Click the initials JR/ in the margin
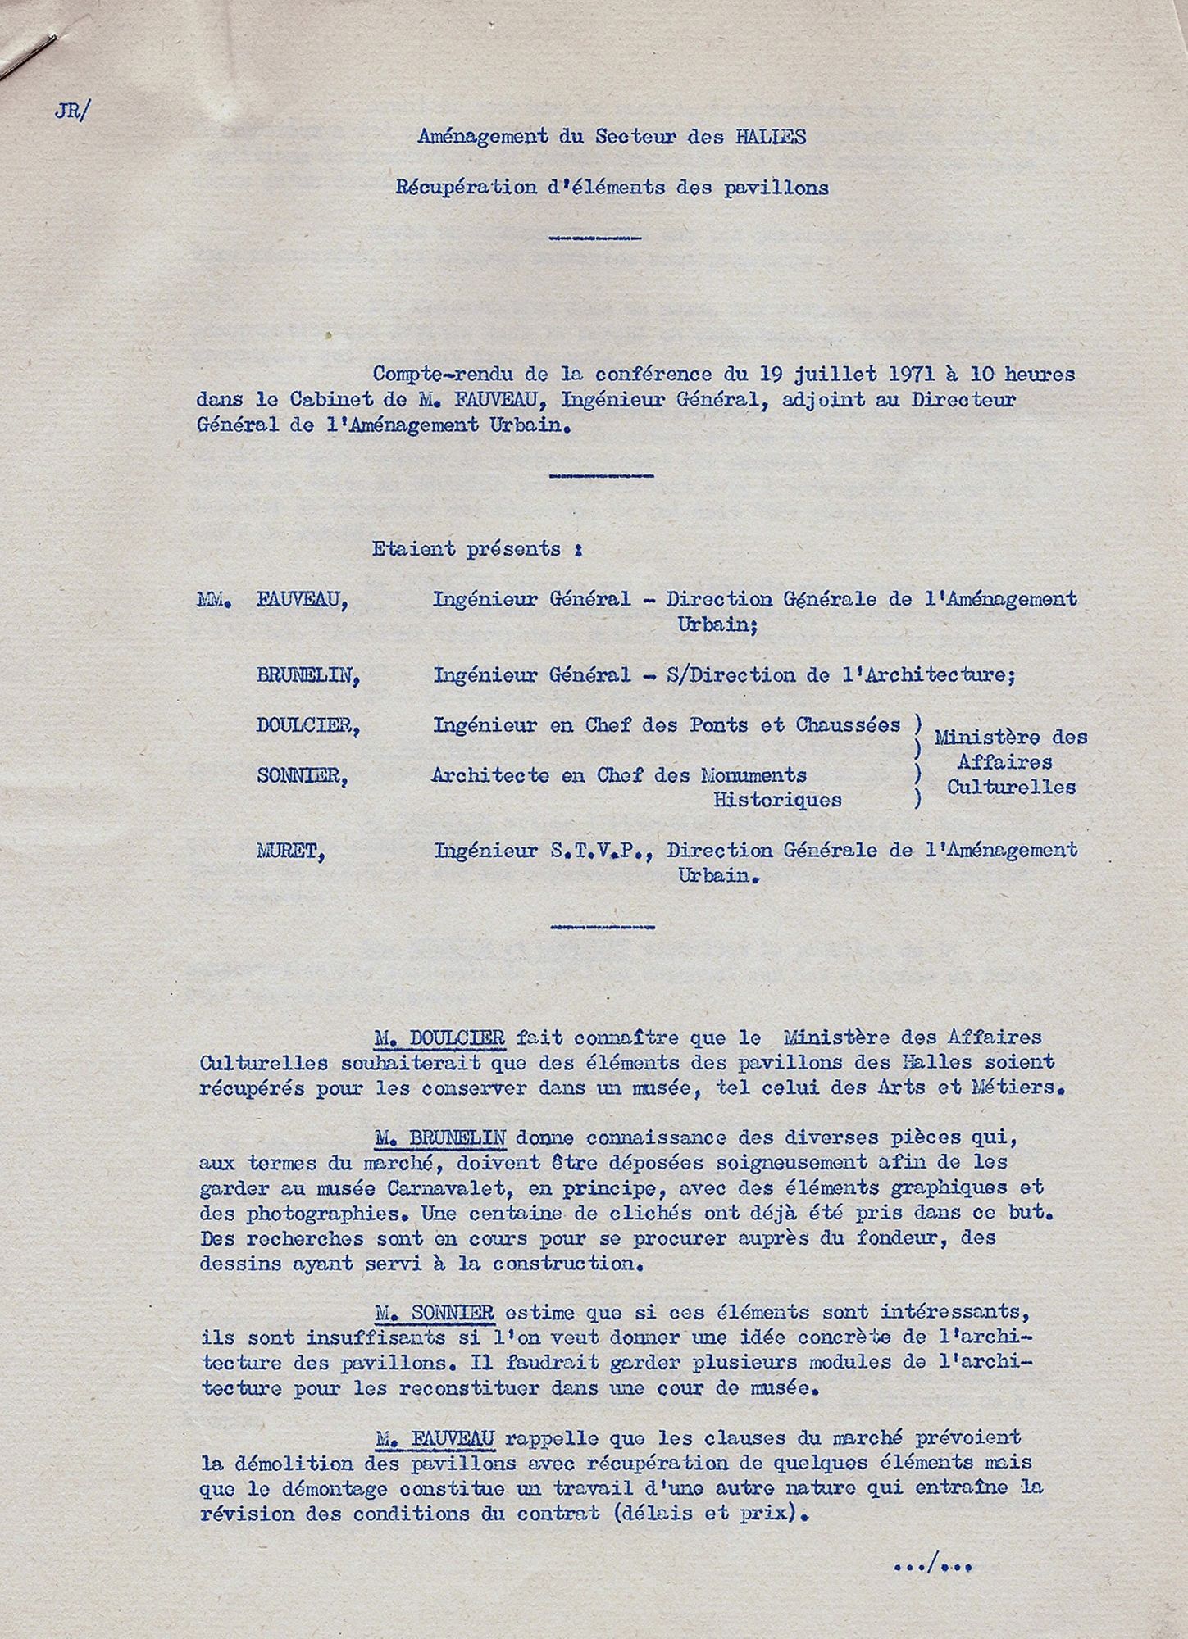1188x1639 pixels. click(x=69, y=112)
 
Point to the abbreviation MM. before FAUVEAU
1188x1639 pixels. click(x=215, y=600)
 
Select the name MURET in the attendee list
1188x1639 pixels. click(x=290, y=851)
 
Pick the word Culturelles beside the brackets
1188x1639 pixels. click(x=1011, y=788)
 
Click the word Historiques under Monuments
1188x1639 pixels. click(x=777, y=800)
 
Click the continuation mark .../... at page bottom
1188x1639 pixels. click(x=932, y=1566)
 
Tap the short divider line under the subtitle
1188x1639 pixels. click(x=595, y=238)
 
